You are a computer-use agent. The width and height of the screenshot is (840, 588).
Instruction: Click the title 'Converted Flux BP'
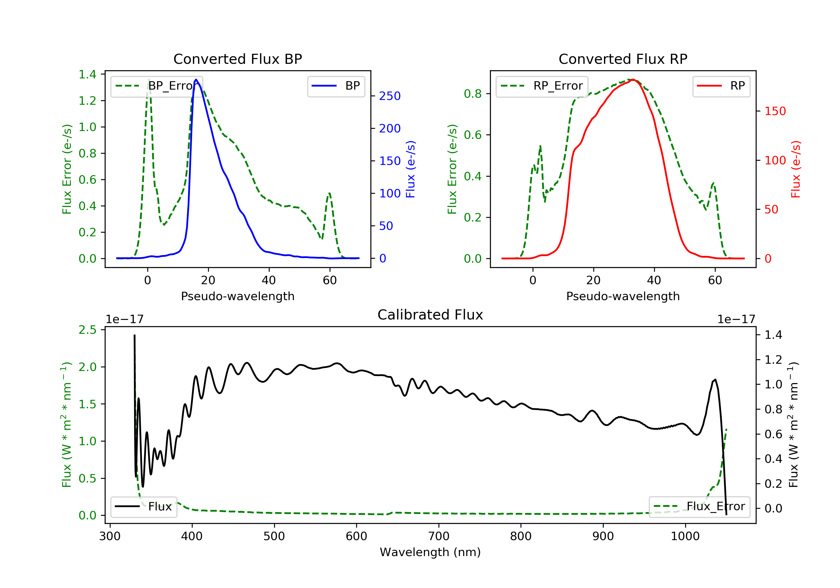(237, 59)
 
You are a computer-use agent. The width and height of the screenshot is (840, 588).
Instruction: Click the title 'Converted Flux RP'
(623, 59)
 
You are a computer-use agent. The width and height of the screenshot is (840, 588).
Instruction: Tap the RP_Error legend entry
(542, 86)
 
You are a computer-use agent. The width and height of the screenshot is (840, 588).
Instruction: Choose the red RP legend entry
(721, 86)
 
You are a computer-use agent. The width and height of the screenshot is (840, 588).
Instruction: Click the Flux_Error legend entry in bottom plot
(699, 507)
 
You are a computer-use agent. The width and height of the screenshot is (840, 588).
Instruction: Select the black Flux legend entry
(144, 507)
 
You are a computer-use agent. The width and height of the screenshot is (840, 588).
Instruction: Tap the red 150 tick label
(775, 111)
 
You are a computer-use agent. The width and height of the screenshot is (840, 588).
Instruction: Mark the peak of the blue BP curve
(196, 80)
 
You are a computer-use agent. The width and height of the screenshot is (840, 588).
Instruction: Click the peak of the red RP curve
(633, 80)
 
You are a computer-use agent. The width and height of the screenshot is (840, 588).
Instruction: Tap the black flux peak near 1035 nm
(715, 380)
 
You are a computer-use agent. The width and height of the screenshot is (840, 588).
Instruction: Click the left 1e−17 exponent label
(124, 319)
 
